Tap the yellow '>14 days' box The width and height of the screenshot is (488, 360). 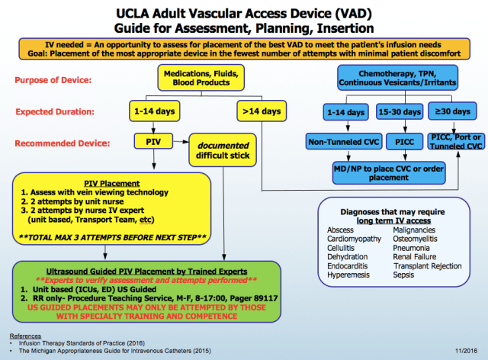tap(259, 112)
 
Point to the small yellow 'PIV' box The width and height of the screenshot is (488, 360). tap(149, 141)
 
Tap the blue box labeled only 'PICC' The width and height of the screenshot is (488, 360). tap(401, 142)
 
